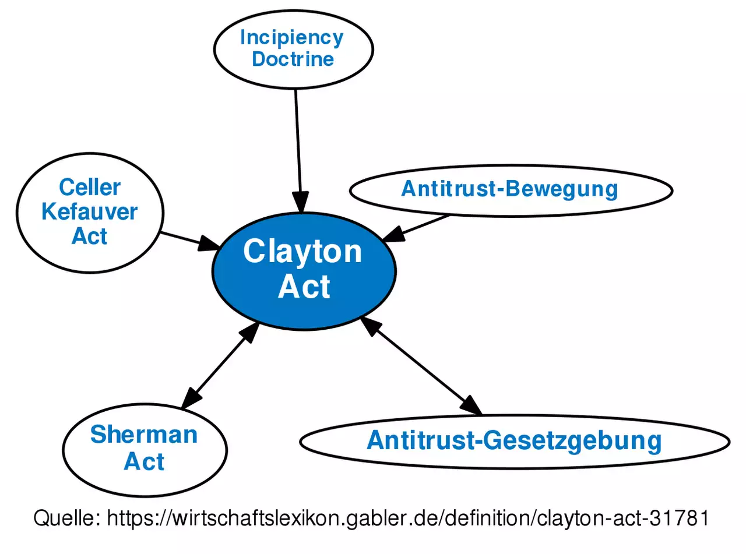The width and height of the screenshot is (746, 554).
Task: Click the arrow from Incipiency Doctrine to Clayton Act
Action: tap(298, 146)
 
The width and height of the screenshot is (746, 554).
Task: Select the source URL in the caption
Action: tap(408, 518)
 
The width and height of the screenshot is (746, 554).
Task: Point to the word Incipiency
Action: tap(291, 38)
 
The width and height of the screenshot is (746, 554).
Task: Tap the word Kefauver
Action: tap(90, 212)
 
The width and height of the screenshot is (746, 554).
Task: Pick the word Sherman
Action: tap(144, 435)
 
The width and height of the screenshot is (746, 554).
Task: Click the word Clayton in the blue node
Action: tap(302, 252)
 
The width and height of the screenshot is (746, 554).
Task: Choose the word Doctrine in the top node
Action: tap(293, 59)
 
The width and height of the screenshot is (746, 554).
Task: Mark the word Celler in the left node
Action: tap(90, 188)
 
